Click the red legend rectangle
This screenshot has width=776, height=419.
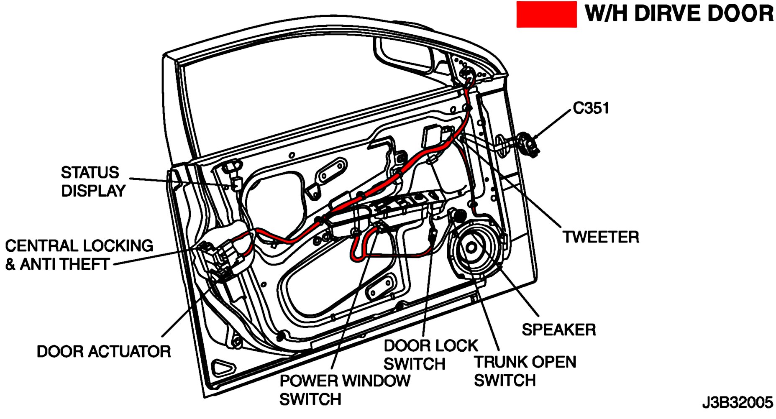(546, 15)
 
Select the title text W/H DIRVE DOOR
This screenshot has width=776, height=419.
(679, 13)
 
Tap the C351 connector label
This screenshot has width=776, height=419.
(591, 108)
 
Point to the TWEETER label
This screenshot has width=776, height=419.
(601, 237)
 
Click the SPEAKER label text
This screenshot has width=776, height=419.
(558, 330)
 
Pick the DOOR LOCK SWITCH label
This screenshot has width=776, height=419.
(430, 355)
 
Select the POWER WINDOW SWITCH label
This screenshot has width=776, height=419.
(344, 390)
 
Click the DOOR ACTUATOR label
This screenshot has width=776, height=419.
(104, 351)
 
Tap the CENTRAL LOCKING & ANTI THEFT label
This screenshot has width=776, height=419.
(79, 255)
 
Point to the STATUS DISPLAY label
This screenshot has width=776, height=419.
(92, 181)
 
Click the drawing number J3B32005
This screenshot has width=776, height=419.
(737, 402)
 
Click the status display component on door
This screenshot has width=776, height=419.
(237, 183)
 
